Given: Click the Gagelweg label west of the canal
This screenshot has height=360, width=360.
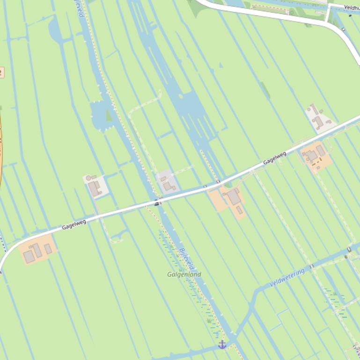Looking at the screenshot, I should coord(74,225).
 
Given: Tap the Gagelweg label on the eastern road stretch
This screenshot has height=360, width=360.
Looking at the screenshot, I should coord(274,158).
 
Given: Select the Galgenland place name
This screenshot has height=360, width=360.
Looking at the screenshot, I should coord(184,274).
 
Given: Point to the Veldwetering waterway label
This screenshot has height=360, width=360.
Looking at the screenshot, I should coord(287,277).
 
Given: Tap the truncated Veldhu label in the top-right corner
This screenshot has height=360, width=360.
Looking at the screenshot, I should coord(351,7).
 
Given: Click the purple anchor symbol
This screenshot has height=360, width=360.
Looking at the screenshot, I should coord(222,345).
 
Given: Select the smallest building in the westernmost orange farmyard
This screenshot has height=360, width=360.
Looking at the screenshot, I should coord(48,249).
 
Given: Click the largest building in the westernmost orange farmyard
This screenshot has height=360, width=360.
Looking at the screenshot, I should coord(29,256).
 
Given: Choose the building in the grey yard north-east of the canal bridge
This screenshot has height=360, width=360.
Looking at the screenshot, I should coord(168,187).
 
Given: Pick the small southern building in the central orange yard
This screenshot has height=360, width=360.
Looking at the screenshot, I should coord(239,210).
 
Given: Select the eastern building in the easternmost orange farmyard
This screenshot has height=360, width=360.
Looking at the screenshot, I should coord(321,151).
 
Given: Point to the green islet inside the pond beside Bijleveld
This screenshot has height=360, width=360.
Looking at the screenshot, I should coord(109,115).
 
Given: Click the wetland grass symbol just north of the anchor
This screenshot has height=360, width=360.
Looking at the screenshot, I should coord(208,321).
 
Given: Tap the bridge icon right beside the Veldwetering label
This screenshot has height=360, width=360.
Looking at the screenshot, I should coord(311,266).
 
